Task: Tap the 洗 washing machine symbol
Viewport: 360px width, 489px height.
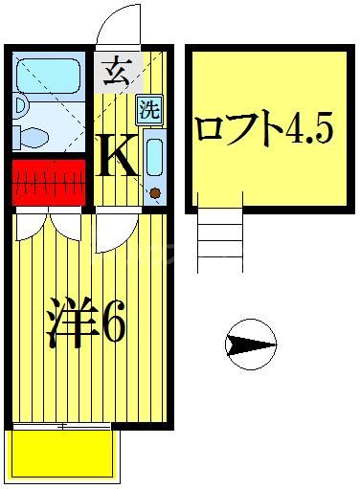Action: coord(150,108)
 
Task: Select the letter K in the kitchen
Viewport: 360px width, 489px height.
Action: coord(120,156)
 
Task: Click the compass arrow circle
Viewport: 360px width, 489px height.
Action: coord(251,342)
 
